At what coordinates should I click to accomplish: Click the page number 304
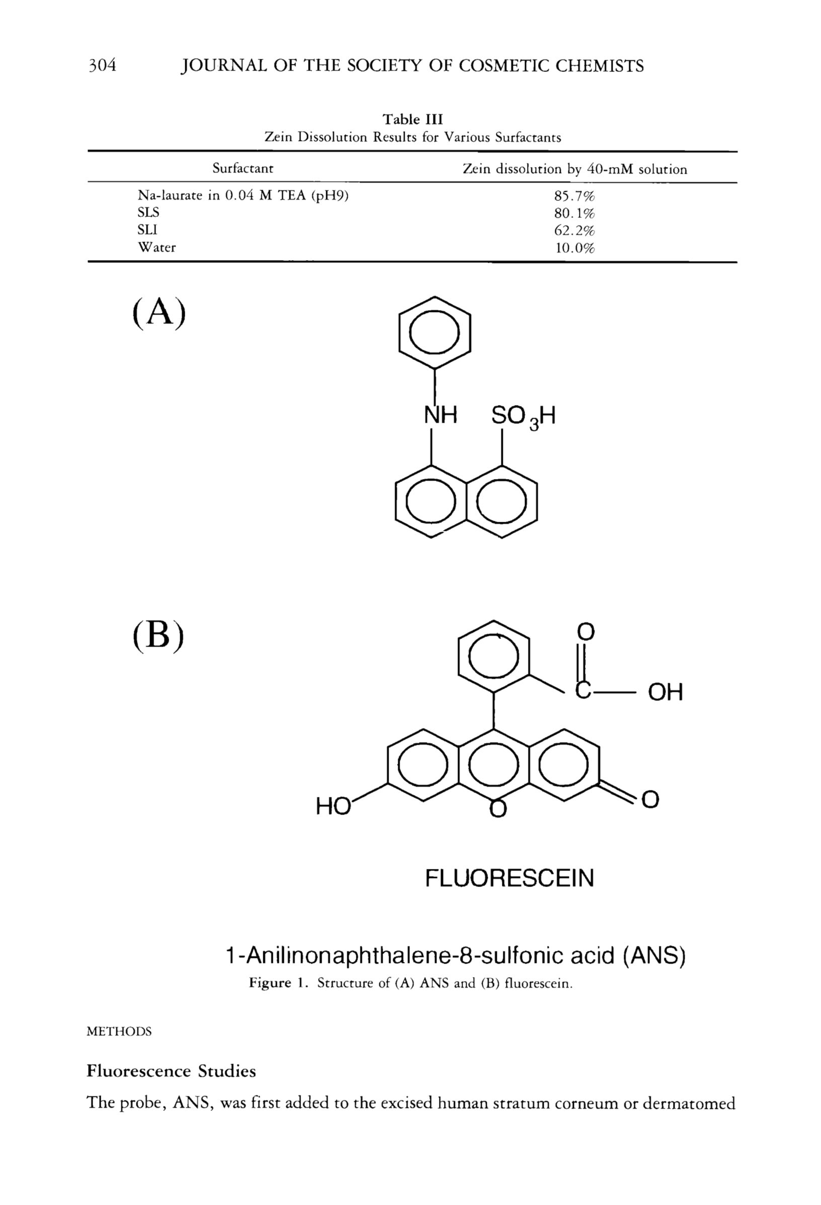point(102,66)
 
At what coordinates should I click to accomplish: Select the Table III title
point(412,120)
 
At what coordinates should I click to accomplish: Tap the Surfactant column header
point(243,168)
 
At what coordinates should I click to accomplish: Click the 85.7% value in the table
point(574,197)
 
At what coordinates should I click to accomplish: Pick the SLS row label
point(148,213)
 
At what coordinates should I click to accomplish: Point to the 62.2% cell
point(574,230)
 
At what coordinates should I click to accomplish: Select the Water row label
point(157,248)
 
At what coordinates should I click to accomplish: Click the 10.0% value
point(574,249)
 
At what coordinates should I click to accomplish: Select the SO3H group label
point(523,417)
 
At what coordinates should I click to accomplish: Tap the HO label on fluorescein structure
point(332,808)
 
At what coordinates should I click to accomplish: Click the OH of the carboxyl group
point(665,692)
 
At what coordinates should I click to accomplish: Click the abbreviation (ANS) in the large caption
point(653,955)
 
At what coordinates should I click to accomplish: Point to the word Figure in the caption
point(270,983)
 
